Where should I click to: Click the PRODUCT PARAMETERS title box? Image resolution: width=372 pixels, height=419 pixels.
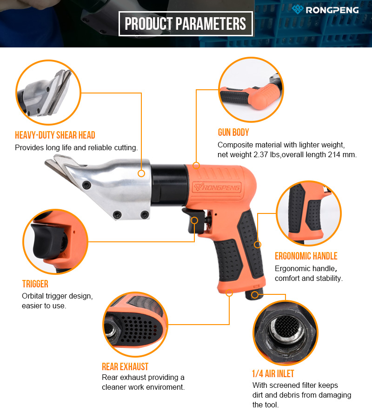pyautogui.click(x=186, y=24)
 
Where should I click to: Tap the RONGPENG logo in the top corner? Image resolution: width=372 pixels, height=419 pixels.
pyautogui.click(x=325, y=10)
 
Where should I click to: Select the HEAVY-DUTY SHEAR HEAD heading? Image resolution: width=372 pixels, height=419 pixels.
pyautogui.click(x=55, y=135)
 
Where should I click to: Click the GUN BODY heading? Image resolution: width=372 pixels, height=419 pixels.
pyautogui.click(x=233, y=132)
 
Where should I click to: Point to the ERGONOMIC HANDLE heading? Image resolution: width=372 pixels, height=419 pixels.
pyautogui.click(x=306, y=256)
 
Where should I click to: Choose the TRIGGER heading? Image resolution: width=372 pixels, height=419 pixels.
pyautogui.click(x=35, y=284)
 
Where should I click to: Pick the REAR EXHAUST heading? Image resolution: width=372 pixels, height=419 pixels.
pyautogui.click(x=125, y=366)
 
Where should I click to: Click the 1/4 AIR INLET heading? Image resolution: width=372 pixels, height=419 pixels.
pyautogui.click(x=273, y=373)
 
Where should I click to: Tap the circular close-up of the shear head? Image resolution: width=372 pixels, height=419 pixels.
pyautogui.click(x=48, y=92)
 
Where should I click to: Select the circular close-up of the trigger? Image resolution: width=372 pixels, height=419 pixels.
pyautogui.click(x=55, y=241)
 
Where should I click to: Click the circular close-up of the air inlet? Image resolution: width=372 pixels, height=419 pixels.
pyautogui.click(x=286, y=333)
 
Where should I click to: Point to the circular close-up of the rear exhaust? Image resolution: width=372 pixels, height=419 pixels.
pyautogui.click(x=135, y=325)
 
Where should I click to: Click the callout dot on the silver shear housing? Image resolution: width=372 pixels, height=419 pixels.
pyautogui.click(x=141, y=173)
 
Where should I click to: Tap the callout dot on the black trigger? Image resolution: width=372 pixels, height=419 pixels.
pyautogui.click(x=194, y=220)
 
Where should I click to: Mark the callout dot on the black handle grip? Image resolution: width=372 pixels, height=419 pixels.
pyautogui.click(x=258, y=244)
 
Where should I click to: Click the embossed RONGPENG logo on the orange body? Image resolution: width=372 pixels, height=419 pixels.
pyautogui.click(x=217, y=187)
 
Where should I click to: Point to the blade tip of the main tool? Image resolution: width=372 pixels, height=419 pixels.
pyautogui.click(x=46, y=162)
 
